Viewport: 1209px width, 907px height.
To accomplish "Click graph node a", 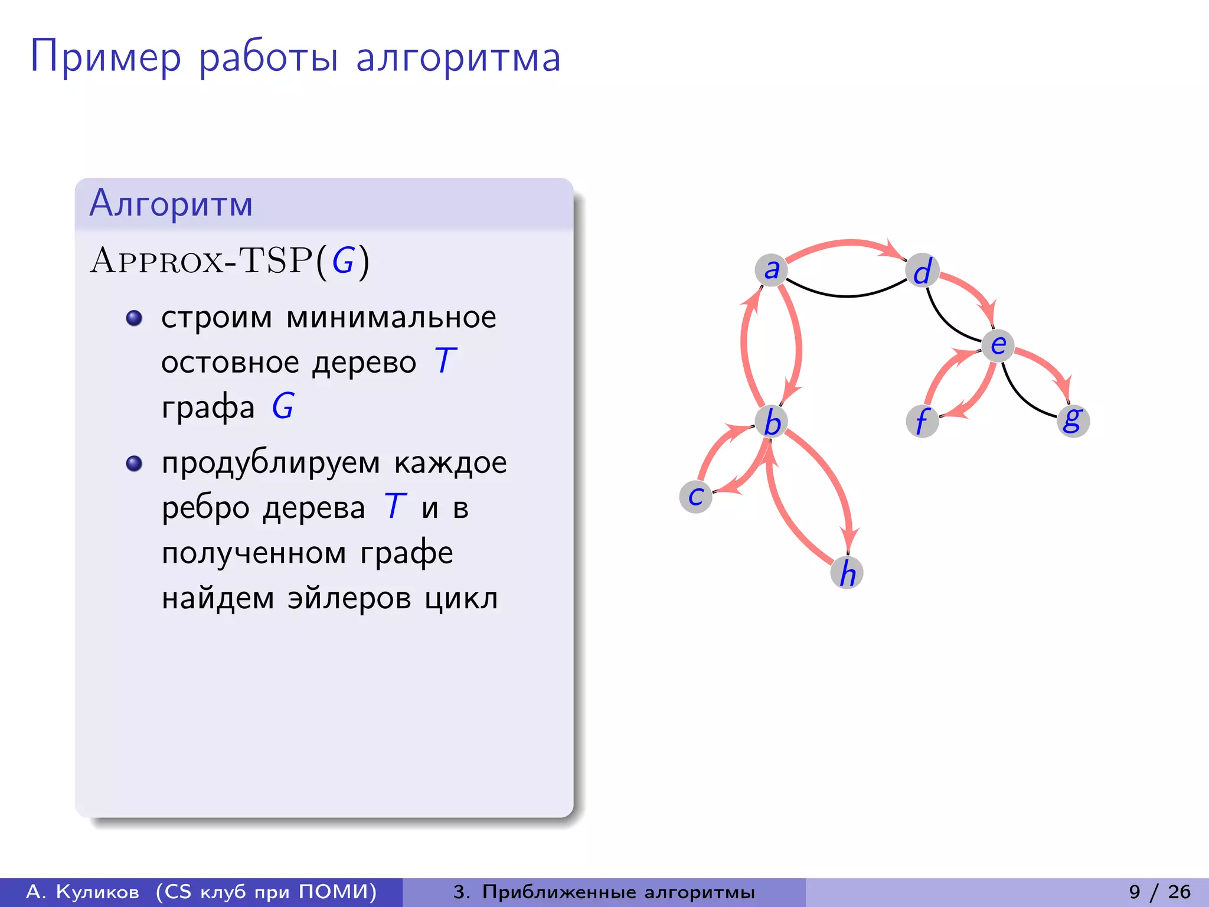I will [x=771, y=270].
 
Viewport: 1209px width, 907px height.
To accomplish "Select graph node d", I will [x=922, y=271].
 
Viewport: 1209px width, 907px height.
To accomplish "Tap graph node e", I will [x=998, y=345].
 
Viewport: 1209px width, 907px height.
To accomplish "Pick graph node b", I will [x=772, y=422].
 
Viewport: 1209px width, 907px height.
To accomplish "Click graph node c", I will [x=696, y=496].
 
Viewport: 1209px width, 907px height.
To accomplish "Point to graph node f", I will [x=922, y=421].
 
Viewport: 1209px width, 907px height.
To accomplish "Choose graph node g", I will [x=1073, y=420].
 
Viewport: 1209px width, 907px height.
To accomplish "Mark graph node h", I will [x=847, y=572].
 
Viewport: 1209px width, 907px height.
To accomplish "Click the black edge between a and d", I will [x=847, y=295].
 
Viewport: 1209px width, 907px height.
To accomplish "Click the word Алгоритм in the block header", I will [x=171, y=204].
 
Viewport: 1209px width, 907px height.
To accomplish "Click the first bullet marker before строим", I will [x=135, y=318].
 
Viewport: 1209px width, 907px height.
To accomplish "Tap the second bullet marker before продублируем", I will [x=135, y=464].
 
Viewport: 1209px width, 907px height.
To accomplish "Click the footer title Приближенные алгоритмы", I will [x=618, y=892].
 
